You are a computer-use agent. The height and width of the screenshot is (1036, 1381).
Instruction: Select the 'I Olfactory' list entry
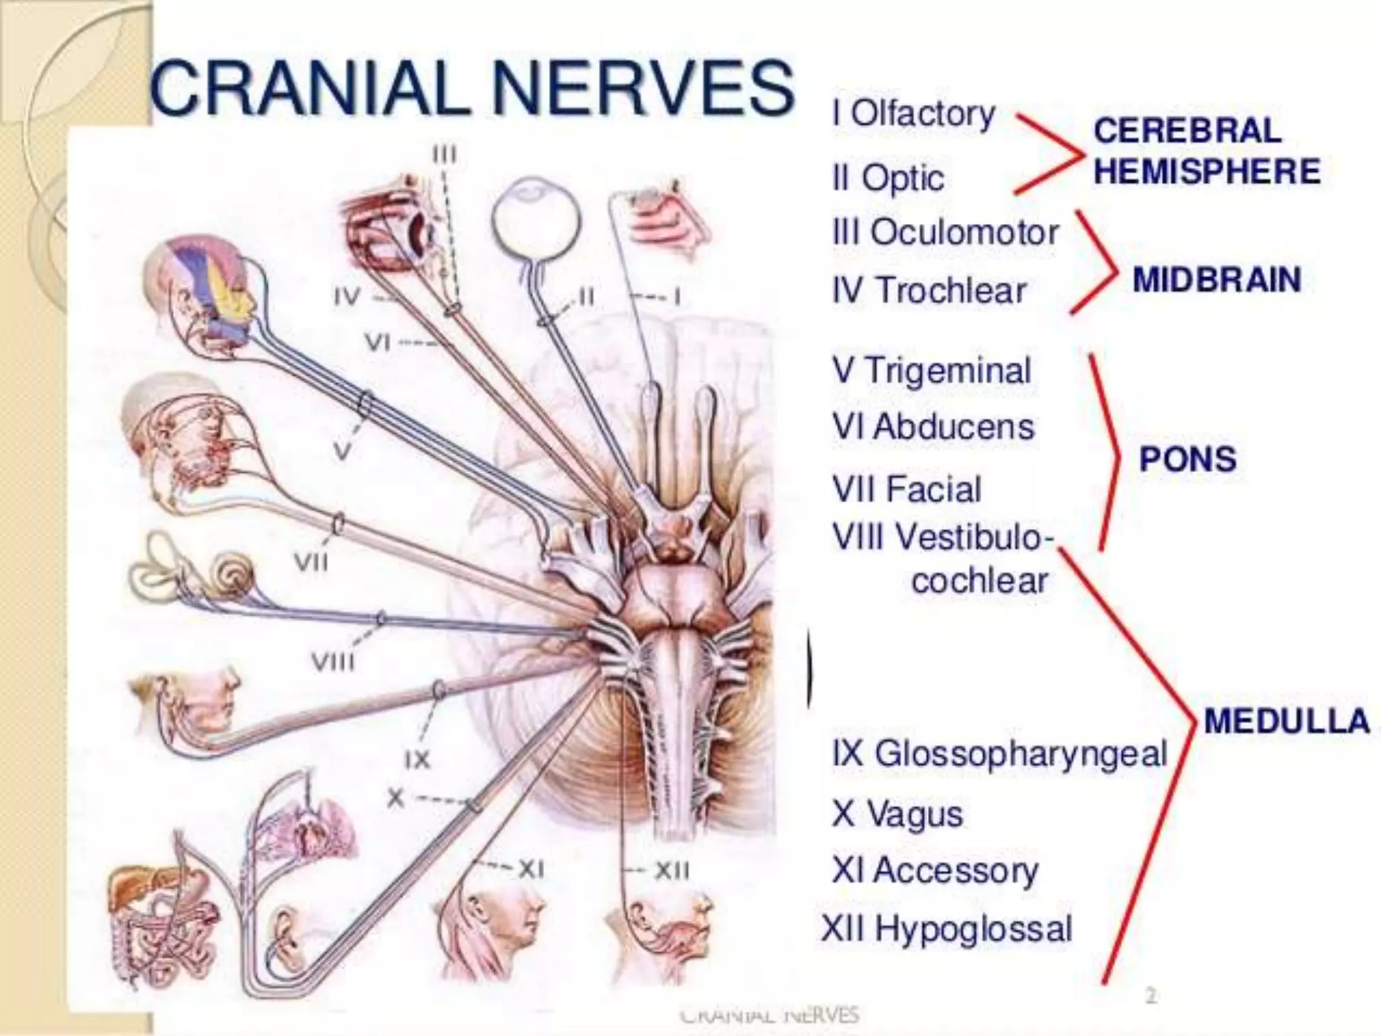914,114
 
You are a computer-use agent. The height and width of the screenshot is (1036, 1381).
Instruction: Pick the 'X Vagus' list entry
897,813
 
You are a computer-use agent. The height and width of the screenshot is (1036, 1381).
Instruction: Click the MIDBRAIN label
1216,280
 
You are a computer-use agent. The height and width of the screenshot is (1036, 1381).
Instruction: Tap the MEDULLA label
1287,721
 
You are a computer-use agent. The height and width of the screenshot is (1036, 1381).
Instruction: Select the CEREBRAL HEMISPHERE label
1206,151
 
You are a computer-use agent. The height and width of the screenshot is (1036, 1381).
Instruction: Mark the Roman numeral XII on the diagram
672,872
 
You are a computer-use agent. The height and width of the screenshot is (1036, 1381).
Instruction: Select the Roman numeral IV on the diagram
347,297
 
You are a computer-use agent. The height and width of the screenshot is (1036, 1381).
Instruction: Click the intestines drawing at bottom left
162,917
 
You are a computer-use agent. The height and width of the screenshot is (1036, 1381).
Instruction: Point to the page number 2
1150,996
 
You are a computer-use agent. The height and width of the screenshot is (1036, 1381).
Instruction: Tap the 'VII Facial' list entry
906,489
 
